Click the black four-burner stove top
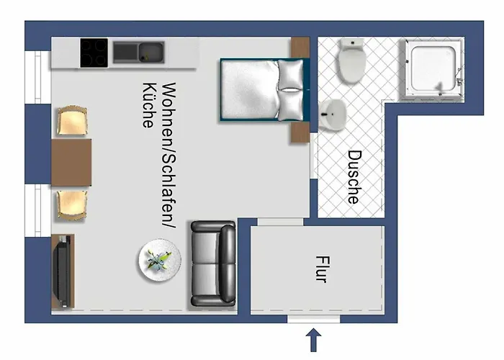94,53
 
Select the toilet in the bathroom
352,60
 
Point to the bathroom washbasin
332,114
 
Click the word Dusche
355,177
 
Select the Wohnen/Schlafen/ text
169,156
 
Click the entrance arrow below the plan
313,340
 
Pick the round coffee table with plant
160,261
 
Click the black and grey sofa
213,264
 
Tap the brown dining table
71,162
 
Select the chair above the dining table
72,120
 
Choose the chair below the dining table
72,205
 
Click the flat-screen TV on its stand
63,271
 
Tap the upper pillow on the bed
290,75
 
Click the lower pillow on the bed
290,106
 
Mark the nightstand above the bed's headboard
300,48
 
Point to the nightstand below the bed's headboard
300,132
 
